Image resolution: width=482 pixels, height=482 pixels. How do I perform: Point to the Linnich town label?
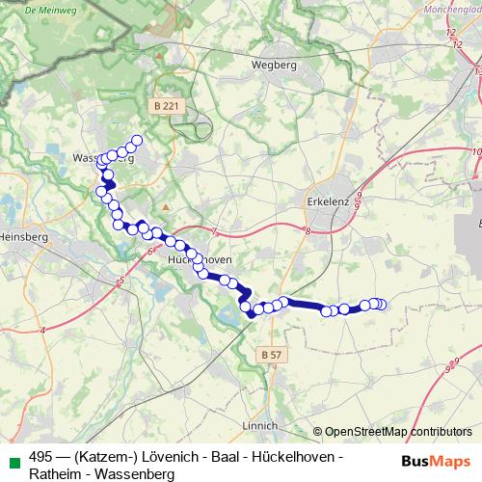click(261, 424)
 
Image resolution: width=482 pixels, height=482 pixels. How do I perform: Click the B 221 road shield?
click(165, 105)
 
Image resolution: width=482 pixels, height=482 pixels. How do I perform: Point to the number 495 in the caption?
click(40, 457)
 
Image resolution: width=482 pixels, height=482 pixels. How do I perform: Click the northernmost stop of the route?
click(137, 141)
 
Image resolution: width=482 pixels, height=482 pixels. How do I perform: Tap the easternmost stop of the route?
click(381, 305)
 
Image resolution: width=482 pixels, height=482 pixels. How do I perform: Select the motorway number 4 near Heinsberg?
click(43, 331)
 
